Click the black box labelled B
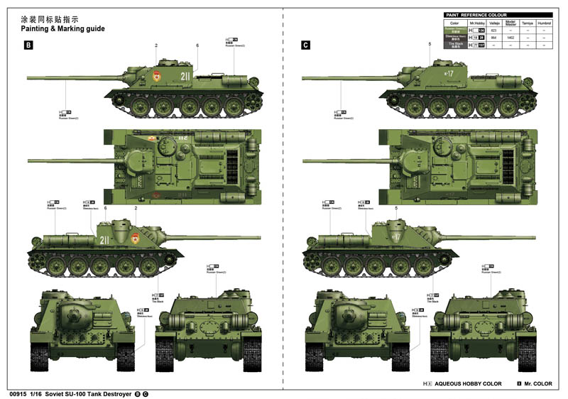(29, 45)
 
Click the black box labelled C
(305, 45)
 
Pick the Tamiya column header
(527, 23)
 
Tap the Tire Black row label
(455, 44)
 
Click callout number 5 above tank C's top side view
(430, 45)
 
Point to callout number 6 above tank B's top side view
(197, 45)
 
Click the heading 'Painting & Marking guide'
(59, 29)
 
